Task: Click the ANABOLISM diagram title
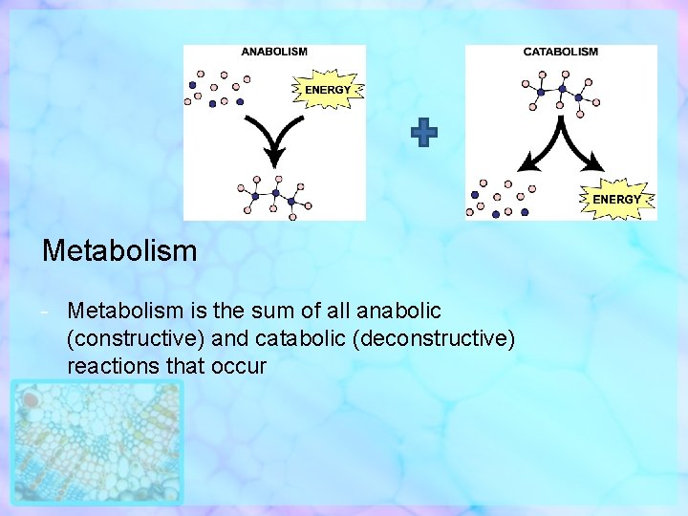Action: point(274,52)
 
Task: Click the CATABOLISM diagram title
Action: point(560,52)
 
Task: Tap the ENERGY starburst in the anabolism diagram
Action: point(327,90)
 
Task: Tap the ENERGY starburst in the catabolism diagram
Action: point(616,198)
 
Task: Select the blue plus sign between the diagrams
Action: point(424,135)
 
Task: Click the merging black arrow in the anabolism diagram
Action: point(274,139)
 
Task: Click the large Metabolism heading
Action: point(119,251)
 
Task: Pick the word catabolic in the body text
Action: point(307,338)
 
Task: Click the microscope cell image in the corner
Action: point(97,441)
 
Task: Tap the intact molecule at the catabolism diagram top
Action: point(561,92)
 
